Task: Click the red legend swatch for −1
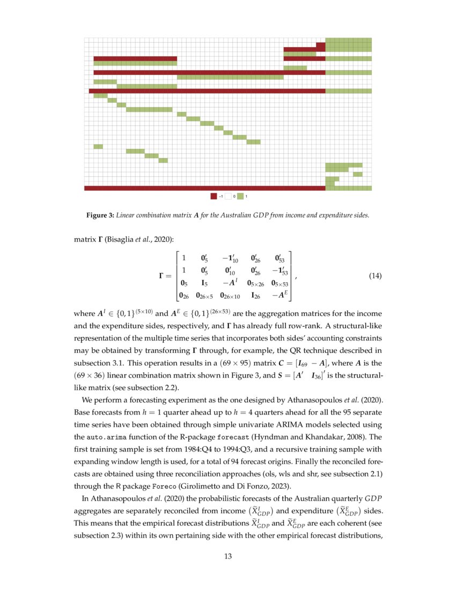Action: pos(214,197)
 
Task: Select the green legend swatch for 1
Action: pos(240,197)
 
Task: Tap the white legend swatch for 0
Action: pos(227,197)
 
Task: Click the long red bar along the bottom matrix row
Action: pos(204,188)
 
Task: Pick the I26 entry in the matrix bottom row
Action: pos(256,294)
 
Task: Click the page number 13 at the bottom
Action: pos(227,557)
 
